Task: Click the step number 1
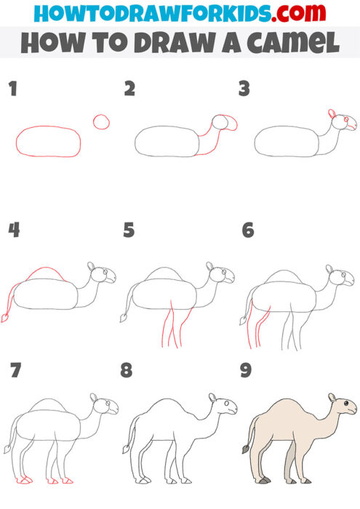12,89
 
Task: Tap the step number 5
129,231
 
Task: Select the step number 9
246,371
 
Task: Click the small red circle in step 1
101,121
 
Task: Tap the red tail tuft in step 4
7,318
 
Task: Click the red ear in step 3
332,114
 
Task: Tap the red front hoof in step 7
67,481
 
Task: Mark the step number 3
244,89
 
